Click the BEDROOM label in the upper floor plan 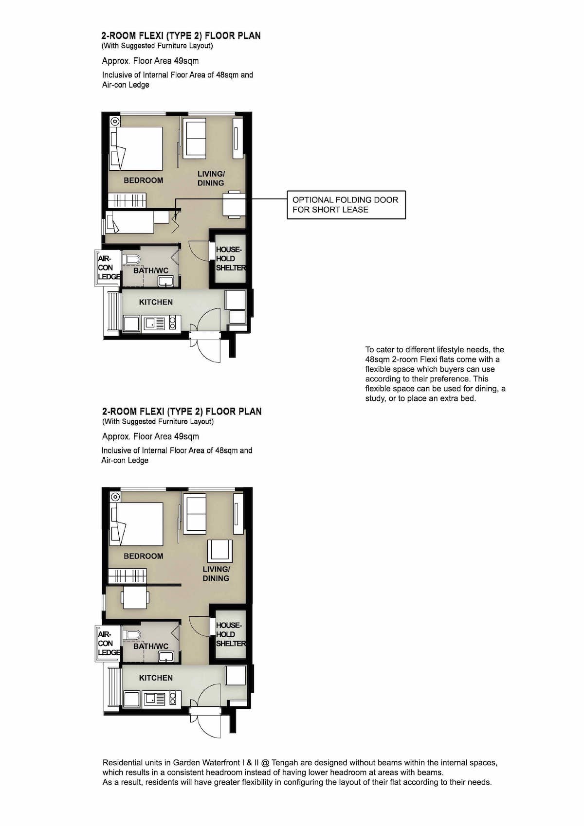[x=143, y=180]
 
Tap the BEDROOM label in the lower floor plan [x=143, y=556]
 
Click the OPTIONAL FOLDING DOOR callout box [x=346, y=205]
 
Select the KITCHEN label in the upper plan [x=156, y=302]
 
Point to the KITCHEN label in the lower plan [x=156, y=678]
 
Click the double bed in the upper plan [x=136, y=148]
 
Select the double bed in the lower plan [x=136, y=524]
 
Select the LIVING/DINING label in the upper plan [x=211, y=178]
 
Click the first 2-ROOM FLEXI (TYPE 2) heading [x=181, y=36]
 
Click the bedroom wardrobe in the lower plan [x=128, y=575]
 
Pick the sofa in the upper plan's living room [x=195, y=138]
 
